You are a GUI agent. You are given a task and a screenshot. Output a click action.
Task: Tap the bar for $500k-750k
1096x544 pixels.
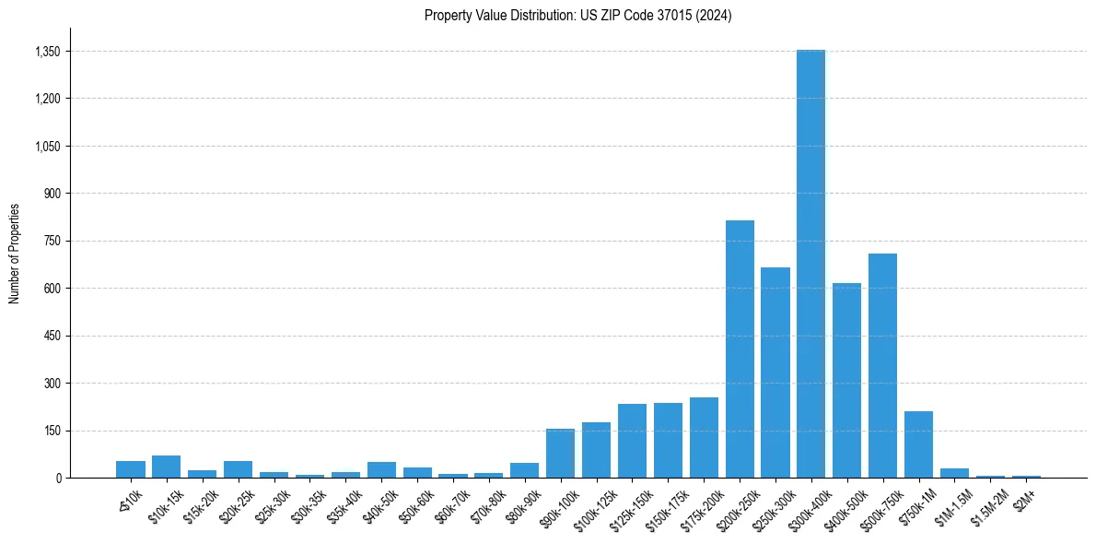[x=882, y=365]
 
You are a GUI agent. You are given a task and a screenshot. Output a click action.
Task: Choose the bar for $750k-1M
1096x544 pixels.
[x=918, y=444]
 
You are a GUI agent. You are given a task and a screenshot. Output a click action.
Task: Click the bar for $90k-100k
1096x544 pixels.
[x=560, y=453]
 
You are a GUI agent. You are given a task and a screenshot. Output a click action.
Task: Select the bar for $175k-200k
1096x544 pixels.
[x=704, y=437]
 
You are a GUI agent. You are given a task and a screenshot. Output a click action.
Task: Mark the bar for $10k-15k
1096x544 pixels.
[x=167, y=467]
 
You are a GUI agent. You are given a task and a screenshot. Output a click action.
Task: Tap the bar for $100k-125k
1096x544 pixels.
[x=596, y=450]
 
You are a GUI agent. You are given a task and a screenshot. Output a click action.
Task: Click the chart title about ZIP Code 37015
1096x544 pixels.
[x=578, y=16]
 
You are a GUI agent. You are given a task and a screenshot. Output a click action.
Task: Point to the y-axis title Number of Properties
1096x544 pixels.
[x=14, y=254]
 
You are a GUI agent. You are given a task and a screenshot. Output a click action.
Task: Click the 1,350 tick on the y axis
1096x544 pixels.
[x=47, y=52]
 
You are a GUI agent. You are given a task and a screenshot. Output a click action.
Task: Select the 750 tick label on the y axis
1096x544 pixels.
[x=52, y=241]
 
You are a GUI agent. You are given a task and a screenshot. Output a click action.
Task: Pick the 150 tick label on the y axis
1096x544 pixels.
[x=52, y=431]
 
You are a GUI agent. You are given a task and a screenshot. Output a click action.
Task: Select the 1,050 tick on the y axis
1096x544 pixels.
[x=47, y=147]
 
